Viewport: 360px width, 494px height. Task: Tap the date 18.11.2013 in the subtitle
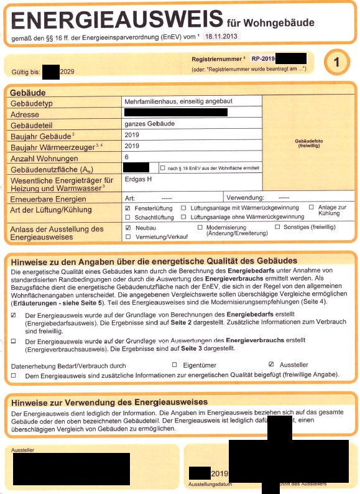point(221,37)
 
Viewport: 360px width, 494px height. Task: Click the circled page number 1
point(336,63)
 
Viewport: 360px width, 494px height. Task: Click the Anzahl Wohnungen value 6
point(127,157)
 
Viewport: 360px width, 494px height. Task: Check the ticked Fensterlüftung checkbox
point(127,207)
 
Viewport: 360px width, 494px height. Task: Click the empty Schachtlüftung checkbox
point(127,217)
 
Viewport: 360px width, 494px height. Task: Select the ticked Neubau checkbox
point(127,228)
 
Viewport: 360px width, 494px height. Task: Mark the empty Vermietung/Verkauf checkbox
point(127,238)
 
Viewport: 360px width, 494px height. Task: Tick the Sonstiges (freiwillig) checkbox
point(277,228)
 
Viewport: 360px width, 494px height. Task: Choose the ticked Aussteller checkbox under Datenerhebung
point(270,364)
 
